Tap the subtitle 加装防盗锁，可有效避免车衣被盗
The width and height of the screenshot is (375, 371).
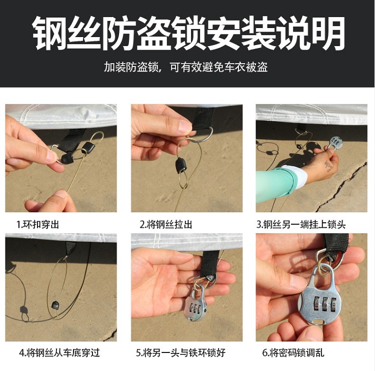186,67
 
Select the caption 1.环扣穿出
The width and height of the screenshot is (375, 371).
38,224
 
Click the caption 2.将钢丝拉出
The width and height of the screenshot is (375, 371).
166,224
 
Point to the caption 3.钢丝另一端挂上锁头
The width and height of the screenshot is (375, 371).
301,224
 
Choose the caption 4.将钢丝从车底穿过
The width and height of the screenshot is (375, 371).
59,353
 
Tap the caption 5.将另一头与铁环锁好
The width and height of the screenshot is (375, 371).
181,353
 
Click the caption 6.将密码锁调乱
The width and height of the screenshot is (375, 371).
293,353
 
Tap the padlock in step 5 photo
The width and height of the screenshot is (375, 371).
195,303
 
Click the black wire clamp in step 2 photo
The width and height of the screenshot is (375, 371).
181,165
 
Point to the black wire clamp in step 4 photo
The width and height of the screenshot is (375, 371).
55,305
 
